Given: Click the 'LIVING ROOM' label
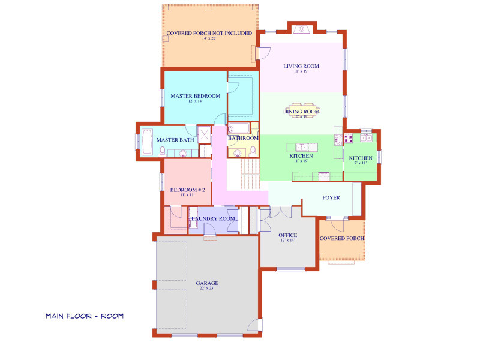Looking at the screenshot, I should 301,66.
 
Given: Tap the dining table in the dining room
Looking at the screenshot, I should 301,112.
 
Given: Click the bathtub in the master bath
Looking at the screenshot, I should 146,141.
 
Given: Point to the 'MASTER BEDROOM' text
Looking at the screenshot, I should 195,96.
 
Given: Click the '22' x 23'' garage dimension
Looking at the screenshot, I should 206,289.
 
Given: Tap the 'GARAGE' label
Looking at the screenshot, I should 206,283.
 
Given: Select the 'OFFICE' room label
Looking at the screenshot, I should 288,235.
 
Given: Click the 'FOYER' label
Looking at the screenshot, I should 331,197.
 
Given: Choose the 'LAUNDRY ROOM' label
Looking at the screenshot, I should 213,218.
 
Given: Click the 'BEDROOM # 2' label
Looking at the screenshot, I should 187,190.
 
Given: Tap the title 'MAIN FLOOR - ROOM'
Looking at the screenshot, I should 85,316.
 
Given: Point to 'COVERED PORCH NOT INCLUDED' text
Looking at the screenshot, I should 209,33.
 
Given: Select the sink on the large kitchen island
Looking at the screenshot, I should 301,147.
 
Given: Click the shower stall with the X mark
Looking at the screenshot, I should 204,135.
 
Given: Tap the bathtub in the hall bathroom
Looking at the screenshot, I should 239,128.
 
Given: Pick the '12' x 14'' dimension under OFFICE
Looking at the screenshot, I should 288,241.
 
